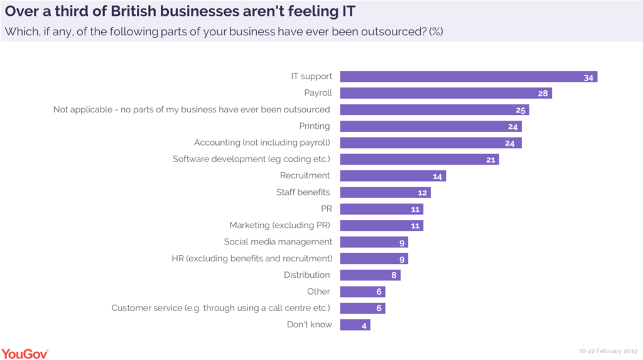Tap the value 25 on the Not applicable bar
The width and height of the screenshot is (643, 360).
pos(521,110)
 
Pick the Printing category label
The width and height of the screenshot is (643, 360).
pos(315,126)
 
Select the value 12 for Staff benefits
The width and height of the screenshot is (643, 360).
pos(423,193)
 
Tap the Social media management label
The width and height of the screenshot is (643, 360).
pos(278,242)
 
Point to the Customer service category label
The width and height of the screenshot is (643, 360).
pos(221,308)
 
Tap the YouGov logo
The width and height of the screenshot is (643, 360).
pos(25,353)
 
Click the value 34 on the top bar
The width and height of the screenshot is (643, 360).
pos(588,77)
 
